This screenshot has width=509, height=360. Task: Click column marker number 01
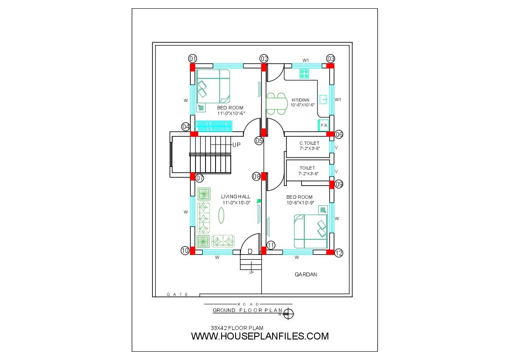pos(193,59)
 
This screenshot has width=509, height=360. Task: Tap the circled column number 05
pos(259,141)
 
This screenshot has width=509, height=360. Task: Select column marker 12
pos(339,253)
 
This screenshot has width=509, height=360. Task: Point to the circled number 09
pos(339,184)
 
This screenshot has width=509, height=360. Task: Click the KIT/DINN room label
pos(300,100)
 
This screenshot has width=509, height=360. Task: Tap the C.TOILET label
pos(309,143)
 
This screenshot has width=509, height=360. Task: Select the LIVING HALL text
pos(236,197)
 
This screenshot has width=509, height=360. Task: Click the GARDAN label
pos(306,275)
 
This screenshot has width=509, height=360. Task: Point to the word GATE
pos(177,294)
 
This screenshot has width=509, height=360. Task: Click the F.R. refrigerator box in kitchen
pos(324,125)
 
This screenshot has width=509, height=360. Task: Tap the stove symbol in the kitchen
pos(304,74)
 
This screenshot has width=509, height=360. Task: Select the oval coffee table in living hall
pos(221,215)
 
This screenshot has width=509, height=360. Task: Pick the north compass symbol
pos(288,314)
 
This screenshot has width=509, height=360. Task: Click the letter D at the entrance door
pos(250,251)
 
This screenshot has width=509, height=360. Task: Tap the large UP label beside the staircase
pos(236,145)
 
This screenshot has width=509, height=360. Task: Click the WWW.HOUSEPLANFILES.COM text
pos(260,336)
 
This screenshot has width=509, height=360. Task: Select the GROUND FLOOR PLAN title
pos(248,310)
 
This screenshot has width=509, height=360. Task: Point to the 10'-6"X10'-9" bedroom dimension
pos(300,203)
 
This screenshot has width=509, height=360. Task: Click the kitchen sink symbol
pos(323,99)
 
